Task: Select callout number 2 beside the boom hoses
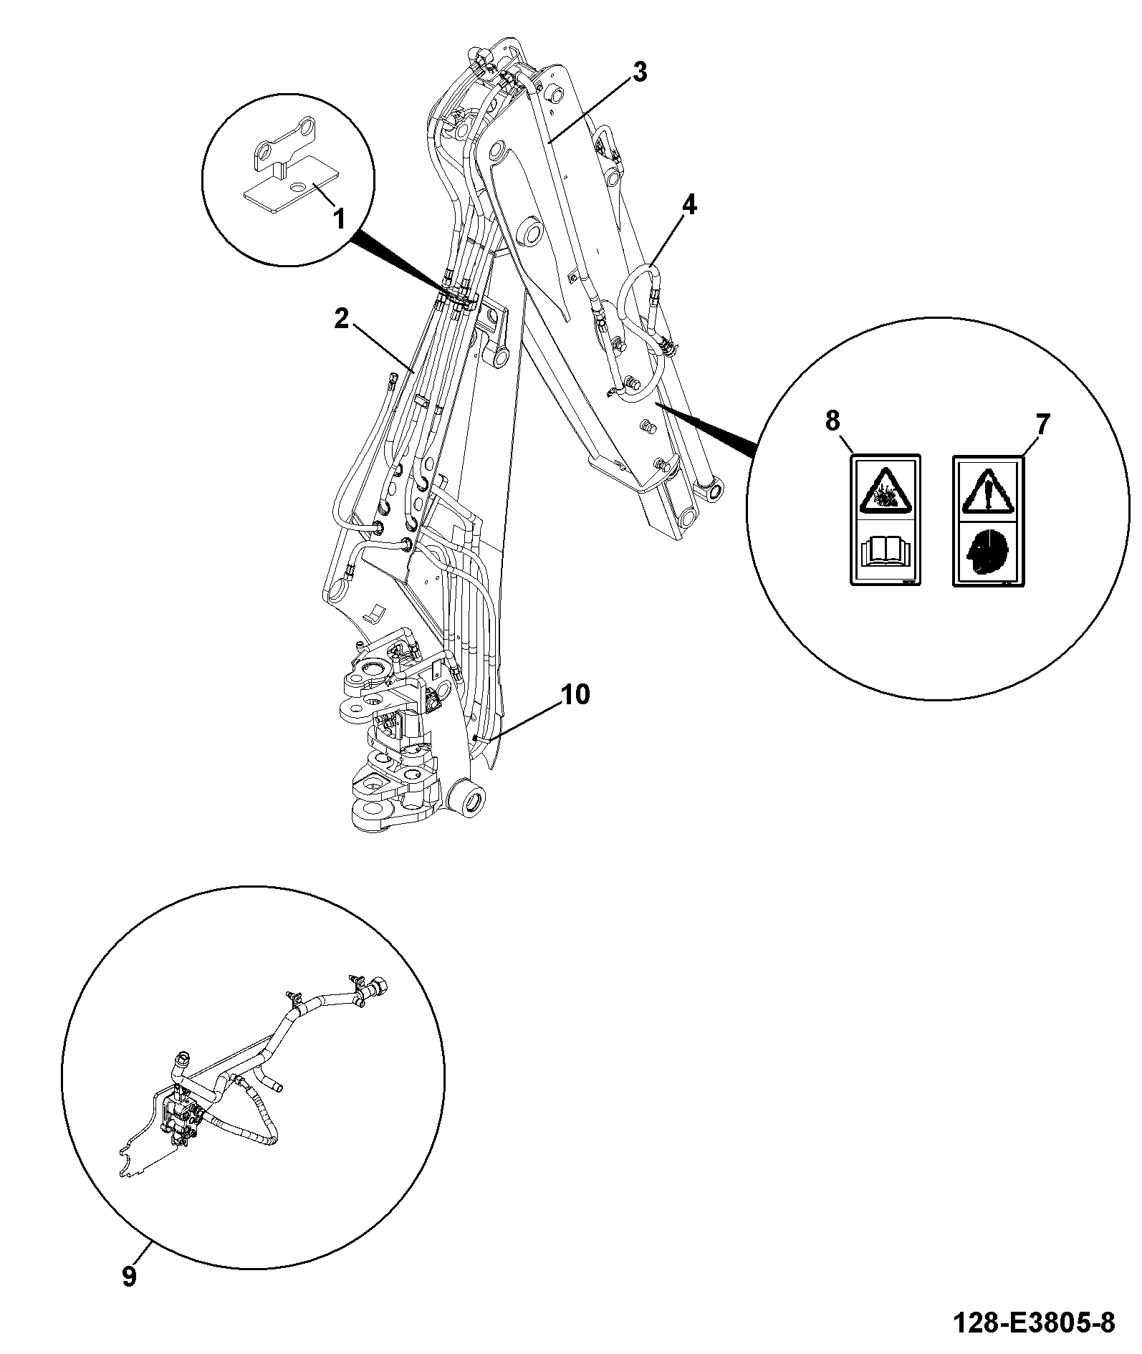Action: (x=341, y=318)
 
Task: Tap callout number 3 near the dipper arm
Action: (x=639, y=72)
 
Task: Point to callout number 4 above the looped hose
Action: (x=688, y=206)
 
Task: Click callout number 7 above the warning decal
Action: (x=1042, y=425)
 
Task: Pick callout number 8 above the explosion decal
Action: (x=832, y=421)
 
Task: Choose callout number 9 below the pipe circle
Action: (x=129, y=1276)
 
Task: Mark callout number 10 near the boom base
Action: (x=575, y=694)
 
